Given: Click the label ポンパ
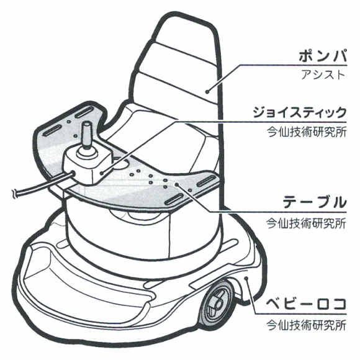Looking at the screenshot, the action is (x=322, y=56).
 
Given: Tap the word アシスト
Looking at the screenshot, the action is (x=323, y=75).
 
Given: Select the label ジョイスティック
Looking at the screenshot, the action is (x=299, y=112).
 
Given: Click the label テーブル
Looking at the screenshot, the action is (x=314, y=202).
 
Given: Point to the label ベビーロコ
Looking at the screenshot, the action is (x=306, y=304).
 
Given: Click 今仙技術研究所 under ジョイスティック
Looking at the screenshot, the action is (x=306, y=132).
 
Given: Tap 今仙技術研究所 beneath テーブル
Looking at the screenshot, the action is (x=306, y=223).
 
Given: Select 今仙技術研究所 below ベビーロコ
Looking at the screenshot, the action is (x=306, y=325).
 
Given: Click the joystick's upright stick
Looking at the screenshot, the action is (x=86, y=135).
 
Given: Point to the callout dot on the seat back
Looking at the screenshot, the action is (x=207, y=92).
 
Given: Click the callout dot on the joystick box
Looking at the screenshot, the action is (x=102, y=173).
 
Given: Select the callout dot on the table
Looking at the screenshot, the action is (x=176, y=184).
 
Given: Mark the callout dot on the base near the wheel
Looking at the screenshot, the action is (x=246, y=278).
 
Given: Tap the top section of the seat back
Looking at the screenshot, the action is (x=186, y=34).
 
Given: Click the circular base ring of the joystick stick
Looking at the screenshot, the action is (x=87, y=153).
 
